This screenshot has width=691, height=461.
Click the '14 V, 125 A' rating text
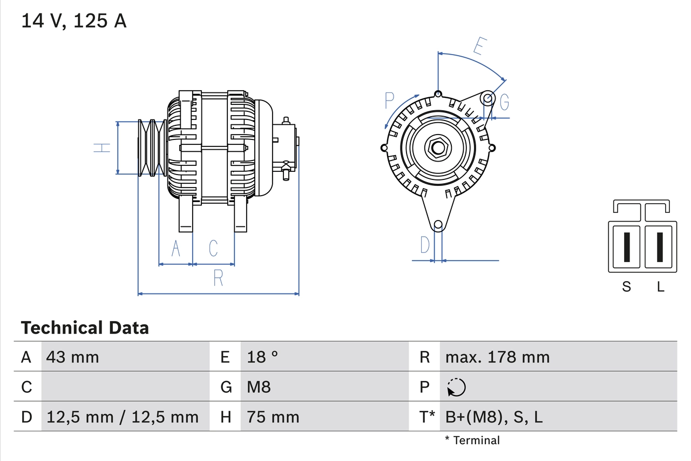click(74, 21)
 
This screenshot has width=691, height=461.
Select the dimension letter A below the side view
click(175, 248)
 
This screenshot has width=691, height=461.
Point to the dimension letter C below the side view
click(213, 248)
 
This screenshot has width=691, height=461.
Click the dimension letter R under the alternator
click(218, 278)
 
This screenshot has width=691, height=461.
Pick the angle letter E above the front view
click(478, 46)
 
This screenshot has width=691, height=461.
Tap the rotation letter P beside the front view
click(390, 100)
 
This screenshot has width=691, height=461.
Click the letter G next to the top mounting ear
click(504, 102)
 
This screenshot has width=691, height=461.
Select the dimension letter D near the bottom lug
click(425, 245)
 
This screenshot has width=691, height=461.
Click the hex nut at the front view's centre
click(438, 147)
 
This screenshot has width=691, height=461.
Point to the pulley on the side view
click(151, 148)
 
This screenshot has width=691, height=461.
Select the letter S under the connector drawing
click(626, 287)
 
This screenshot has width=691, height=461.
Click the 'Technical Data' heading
click(85, 328)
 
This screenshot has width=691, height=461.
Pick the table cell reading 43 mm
click(73, 357)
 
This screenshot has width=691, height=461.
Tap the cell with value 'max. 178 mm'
click(497, 357)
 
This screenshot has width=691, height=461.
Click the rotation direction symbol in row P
click(456, 387)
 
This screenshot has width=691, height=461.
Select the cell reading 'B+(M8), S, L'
click(493, 417)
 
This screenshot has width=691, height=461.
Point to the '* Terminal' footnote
click(472, 440)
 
